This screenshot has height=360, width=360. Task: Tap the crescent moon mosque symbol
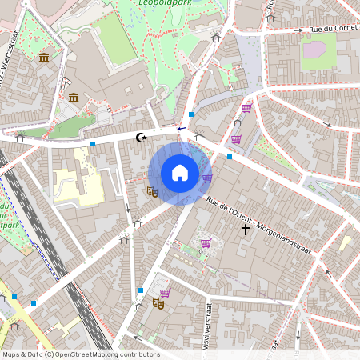click(142, 138)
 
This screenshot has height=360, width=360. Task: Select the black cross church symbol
click(246, 230)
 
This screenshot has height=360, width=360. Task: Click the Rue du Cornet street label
click(332, 30)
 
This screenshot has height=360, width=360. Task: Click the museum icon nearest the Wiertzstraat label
click(44, 58)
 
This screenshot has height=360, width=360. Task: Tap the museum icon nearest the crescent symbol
click(74, 98)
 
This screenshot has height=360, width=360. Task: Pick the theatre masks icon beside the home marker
click(152, 191)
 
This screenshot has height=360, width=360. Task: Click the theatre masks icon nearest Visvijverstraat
click(158, 304)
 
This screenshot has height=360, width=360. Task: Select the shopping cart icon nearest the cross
click(206, 243)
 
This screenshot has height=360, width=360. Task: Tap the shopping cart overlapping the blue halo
click(207, 178)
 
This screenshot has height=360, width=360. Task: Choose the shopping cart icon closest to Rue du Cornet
click(246, 108)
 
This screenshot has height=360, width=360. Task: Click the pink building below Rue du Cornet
click(314, 50)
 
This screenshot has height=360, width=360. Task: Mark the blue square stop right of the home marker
click(230, 157)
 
